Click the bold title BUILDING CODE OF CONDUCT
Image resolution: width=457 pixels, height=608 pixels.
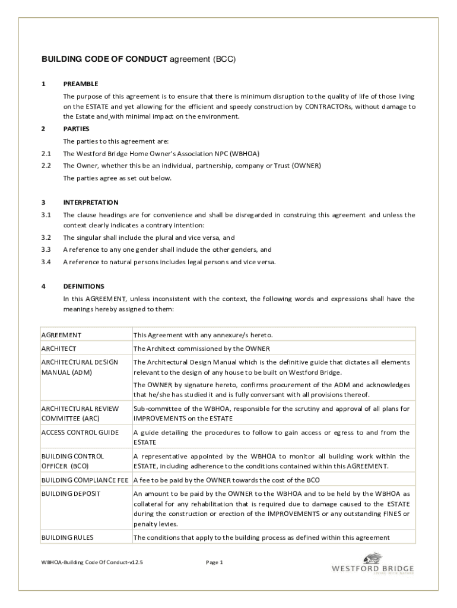(104, 60)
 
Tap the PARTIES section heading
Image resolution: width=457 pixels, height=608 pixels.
(76, 128)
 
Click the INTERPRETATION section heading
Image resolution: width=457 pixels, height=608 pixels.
(91, 202)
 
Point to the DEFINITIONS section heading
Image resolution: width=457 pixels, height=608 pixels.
(84, 286)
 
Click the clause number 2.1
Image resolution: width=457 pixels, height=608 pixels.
(46, 153)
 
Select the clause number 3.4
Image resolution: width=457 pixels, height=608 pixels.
(46, 262)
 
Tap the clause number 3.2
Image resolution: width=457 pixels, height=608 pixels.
(46, 237)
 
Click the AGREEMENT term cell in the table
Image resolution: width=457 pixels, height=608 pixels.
(61, 335)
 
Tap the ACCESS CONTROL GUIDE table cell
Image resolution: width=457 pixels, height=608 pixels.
(80, 433)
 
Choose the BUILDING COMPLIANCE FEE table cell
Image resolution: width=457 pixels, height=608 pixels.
(85, 480)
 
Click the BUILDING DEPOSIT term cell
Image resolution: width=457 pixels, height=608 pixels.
(71, 493)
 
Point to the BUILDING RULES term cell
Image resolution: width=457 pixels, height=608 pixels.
(67, 538)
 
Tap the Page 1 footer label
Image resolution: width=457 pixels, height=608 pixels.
(214, 562)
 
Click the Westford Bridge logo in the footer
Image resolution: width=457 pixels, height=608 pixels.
(372, 565)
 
